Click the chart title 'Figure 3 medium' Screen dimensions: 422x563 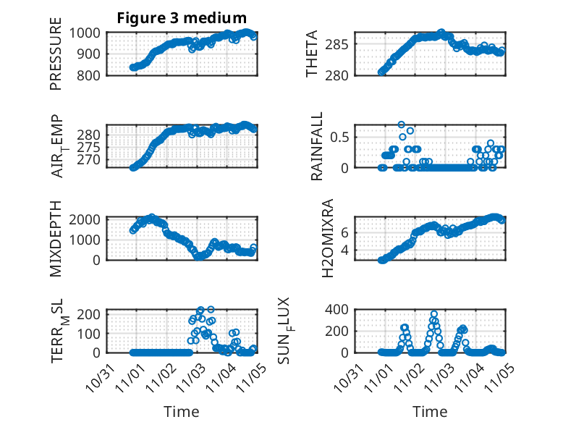182,18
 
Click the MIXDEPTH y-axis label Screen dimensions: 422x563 56,238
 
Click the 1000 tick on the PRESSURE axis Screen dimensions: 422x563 88,33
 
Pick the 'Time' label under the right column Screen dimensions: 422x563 430,411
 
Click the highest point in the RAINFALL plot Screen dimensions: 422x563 402,125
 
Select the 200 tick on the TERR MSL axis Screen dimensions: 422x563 92,313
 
